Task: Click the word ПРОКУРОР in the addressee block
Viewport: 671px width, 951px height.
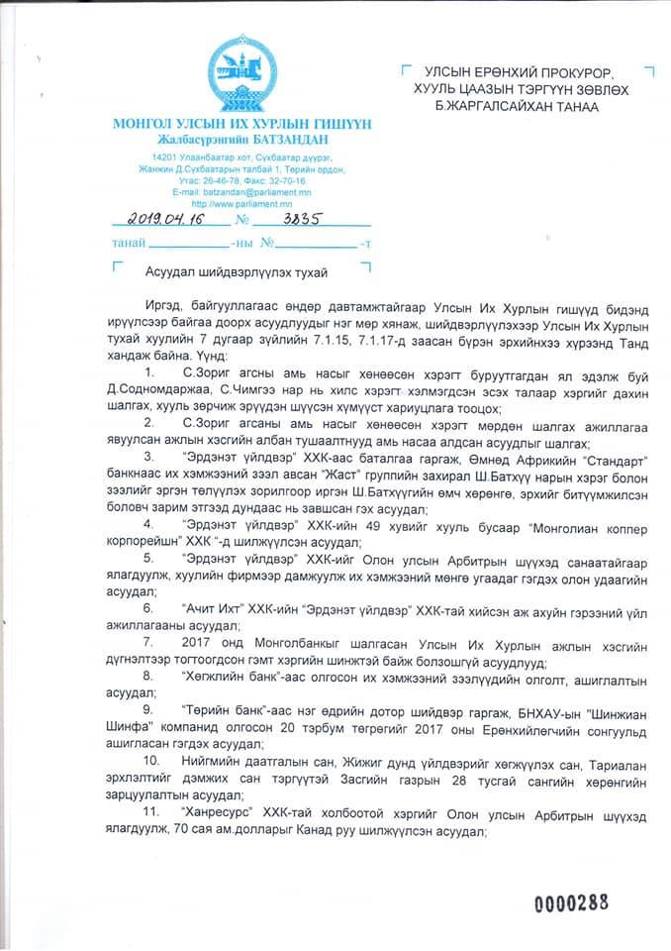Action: click(x=561, y=73)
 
